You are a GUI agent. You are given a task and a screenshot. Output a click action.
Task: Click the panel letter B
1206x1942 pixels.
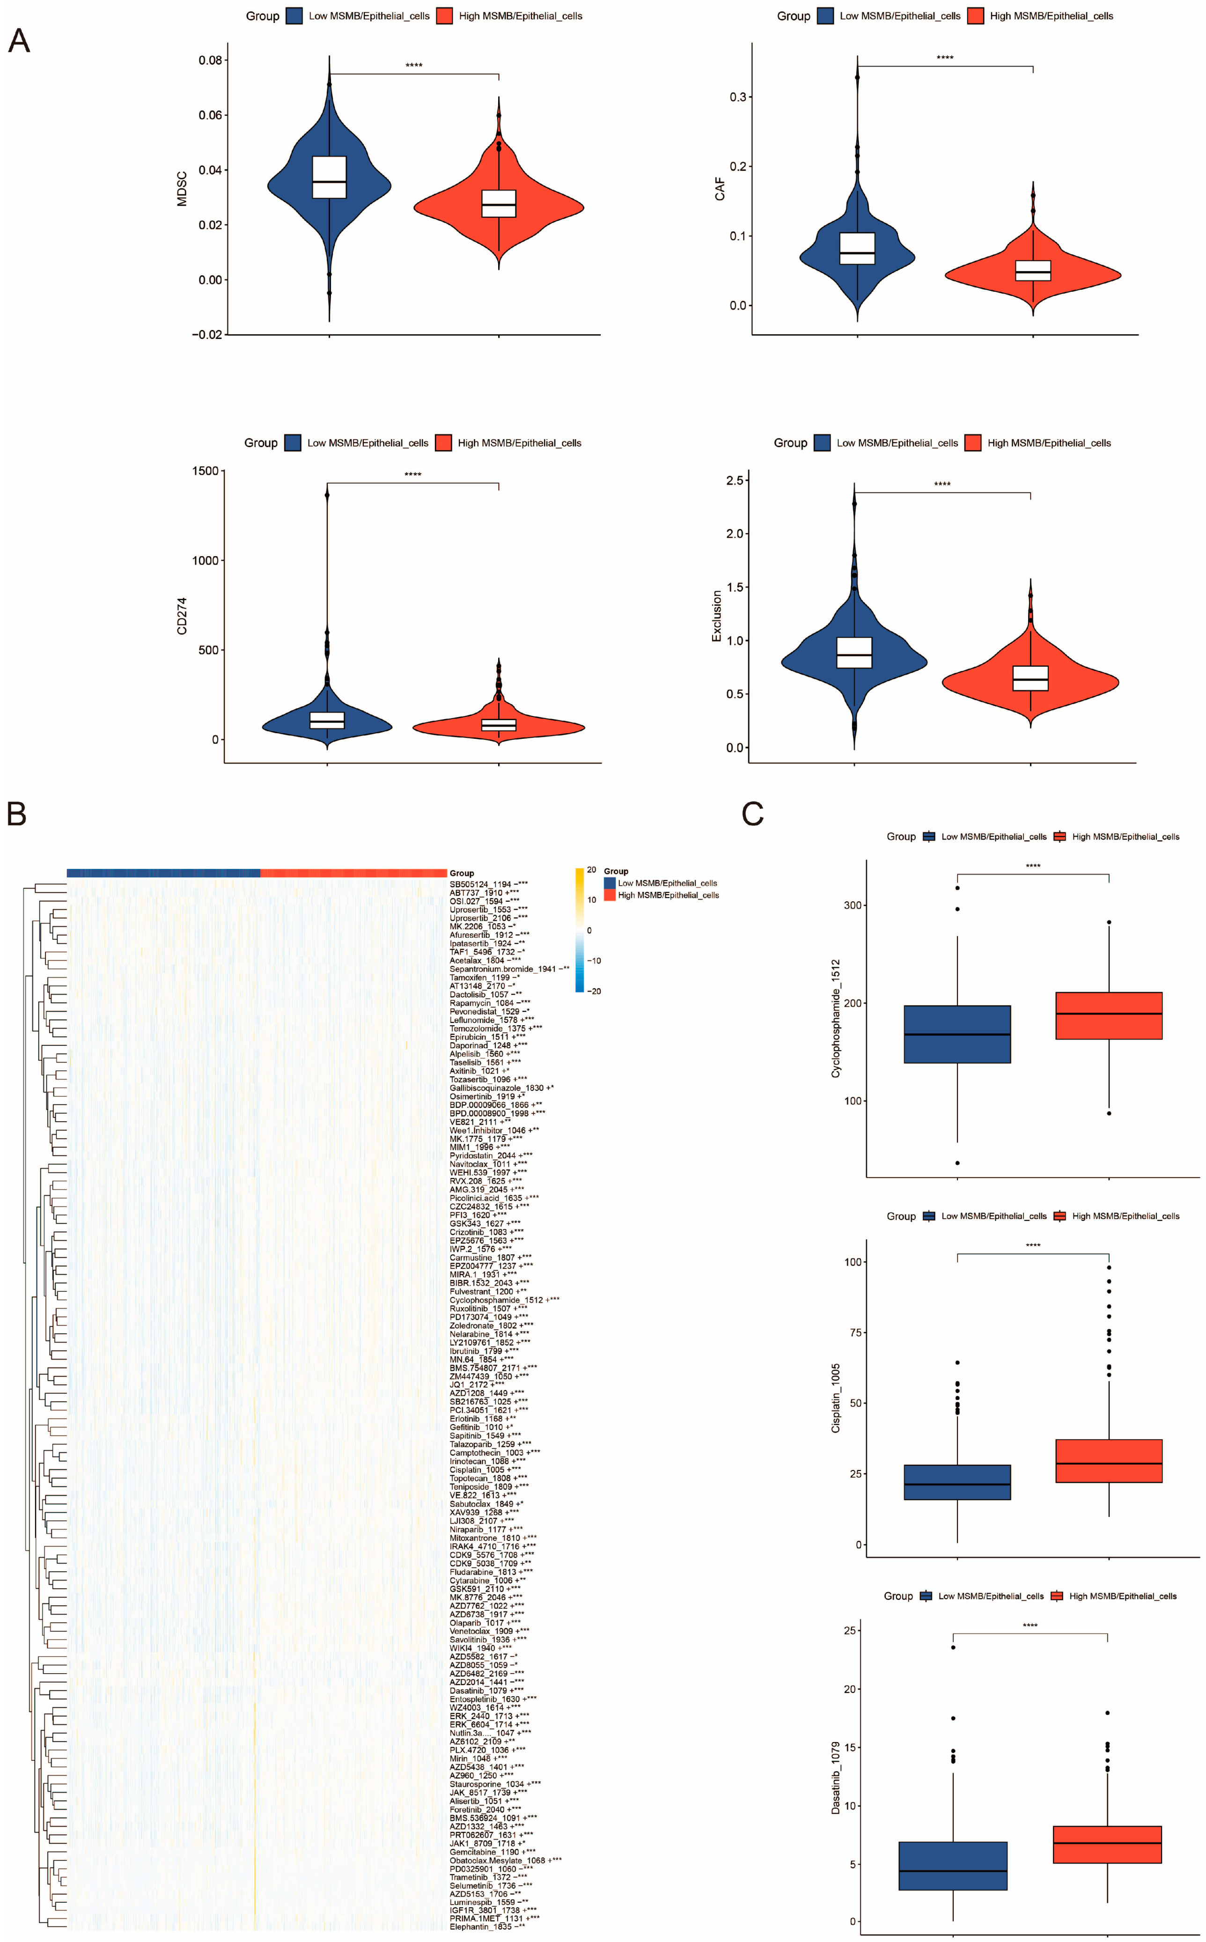pos(17,814)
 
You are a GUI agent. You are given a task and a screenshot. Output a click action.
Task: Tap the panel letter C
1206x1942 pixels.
pos(752,814)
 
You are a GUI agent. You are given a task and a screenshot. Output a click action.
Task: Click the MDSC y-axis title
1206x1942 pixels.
pos(182,189)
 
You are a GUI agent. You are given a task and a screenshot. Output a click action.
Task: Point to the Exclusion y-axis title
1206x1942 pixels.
pos(716,616)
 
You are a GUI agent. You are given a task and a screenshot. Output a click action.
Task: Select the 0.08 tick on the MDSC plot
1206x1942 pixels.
pos(211,60)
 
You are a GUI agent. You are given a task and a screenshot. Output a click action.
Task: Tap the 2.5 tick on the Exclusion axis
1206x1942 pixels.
pos(735,480)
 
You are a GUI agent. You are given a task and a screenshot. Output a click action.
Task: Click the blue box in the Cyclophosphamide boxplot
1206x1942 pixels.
pos(956,1034)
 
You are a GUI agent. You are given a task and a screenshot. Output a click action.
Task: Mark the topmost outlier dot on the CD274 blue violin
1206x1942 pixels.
pos(327,494)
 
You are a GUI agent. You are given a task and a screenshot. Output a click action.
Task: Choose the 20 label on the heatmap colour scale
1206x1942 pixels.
pos(591,870)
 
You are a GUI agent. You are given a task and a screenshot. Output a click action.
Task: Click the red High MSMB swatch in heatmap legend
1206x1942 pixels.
pos(610,895)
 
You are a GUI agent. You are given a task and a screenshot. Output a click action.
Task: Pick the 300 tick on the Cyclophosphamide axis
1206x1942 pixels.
pos(853,905)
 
